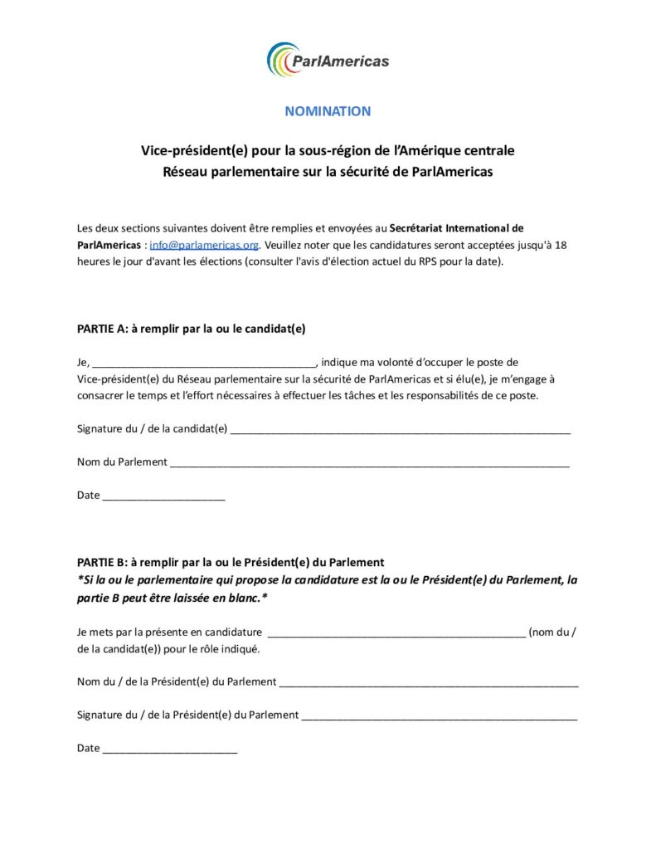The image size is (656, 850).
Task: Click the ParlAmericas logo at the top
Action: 328,60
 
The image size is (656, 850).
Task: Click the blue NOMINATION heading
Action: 328,111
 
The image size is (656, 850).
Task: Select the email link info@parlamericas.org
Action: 205,245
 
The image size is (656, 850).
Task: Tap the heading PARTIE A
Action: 191,328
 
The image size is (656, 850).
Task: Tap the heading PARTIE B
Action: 231,562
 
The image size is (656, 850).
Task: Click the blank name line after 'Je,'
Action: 204,364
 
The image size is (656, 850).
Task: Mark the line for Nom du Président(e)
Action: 429,683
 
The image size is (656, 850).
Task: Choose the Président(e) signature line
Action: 439,716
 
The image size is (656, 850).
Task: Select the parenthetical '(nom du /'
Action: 552,633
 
